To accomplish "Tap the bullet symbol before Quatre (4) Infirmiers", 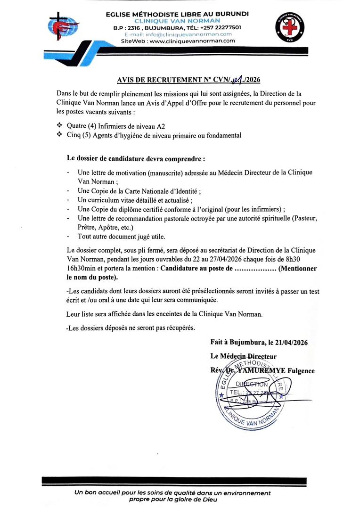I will coord(59,126).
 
